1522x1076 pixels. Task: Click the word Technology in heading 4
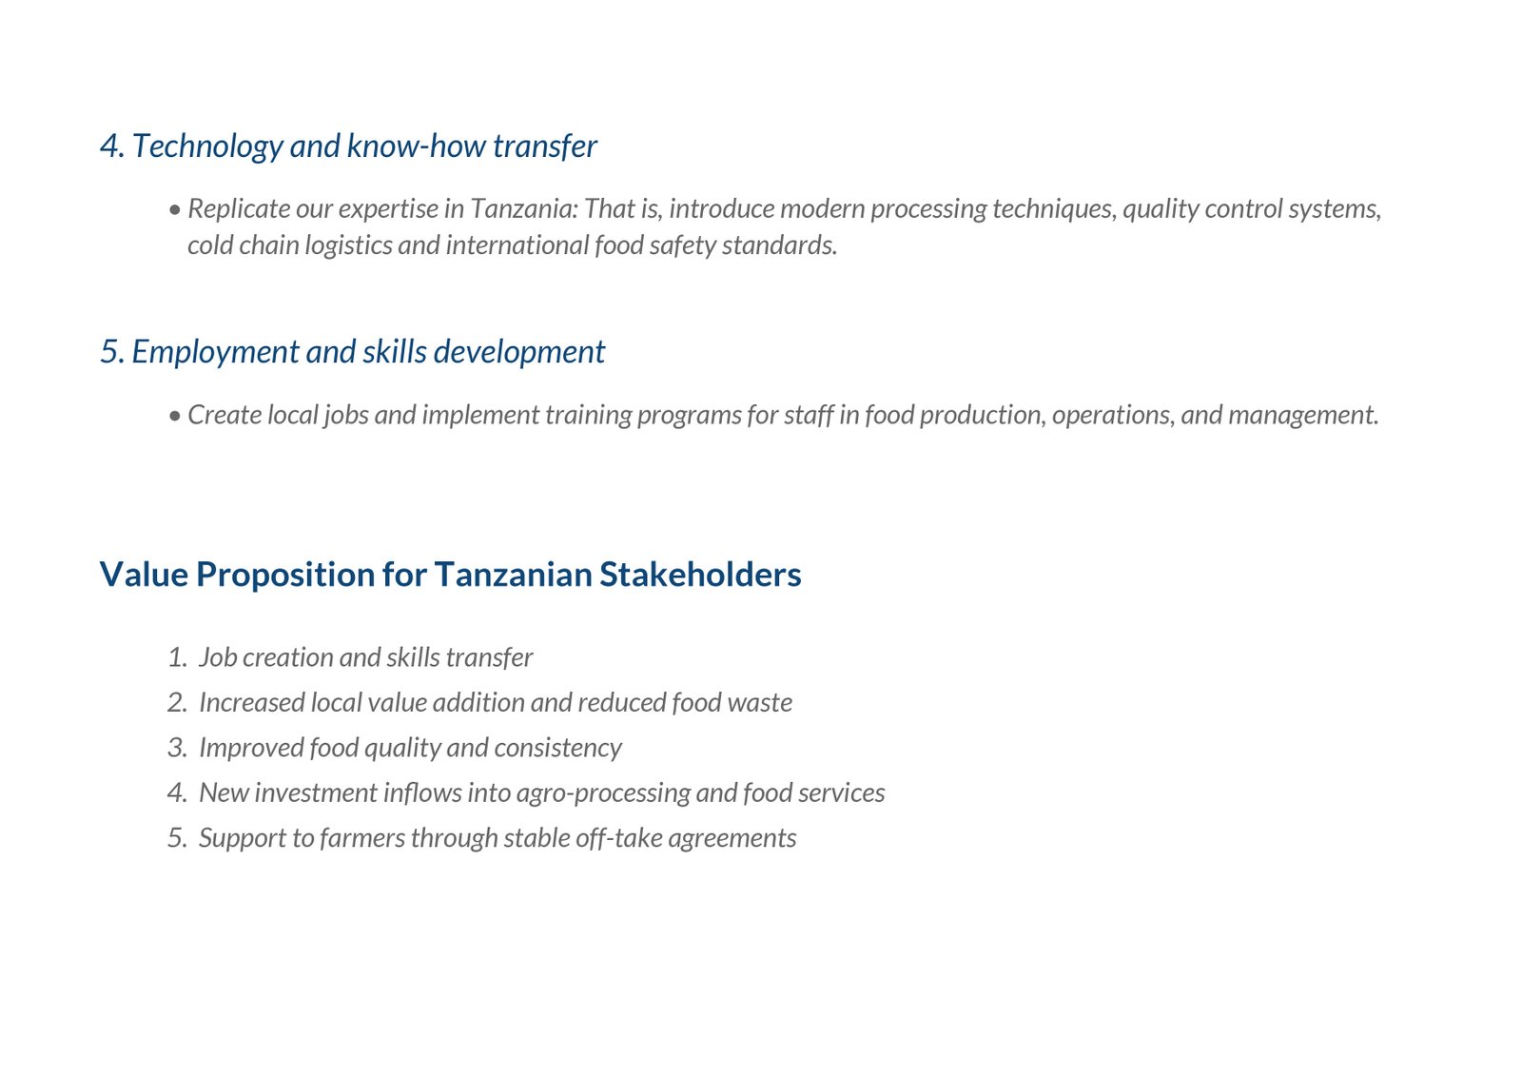coord(207,147)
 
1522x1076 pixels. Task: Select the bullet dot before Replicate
coord(175,210)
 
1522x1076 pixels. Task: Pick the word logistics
coord(348,245)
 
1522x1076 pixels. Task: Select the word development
coord(518,352)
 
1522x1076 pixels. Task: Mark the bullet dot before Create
coord(175,416)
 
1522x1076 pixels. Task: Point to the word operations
coord(1114,416)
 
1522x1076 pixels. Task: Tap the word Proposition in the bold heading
coord(285,575)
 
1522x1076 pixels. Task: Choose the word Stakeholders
coord(700,574)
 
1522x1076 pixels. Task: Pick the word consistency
coord(557,749)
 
